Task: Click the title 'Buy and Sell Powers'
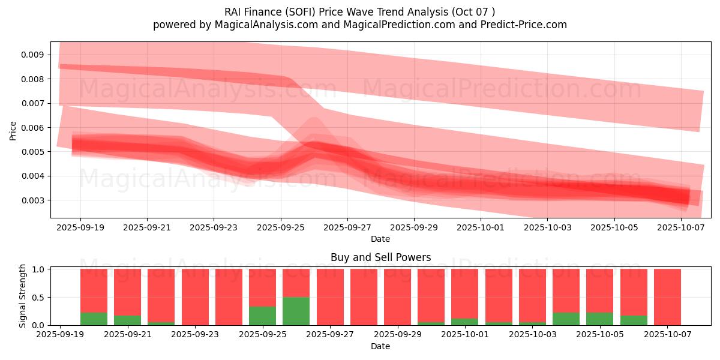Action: click(x=380, y=257)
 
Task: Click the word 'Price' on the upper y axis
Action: click(x=13, y=130)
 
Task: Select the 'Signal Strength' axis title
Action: click(x=22, y=296)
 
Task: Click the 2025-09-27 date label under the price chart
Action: click(x=347, y=227)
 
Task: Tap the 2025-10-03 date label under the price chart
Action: click(x=547, y=227)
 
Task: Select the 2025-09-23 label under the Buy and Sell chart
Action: click(x=195, y=335)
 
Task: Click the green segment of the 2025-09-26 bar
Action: click(x=296, y=311)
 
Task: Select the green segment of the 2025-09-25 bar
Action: click(x=262, y=316)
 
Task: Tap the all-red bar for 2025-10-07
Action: click(x=667, y=297)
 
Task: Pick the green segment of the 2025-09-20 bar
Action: click(x=94, y=319)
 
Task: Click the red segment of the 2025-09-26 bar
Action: click(x=296, y=283)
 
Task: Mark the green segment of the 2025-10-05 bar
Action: click(x=599, y=319)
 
